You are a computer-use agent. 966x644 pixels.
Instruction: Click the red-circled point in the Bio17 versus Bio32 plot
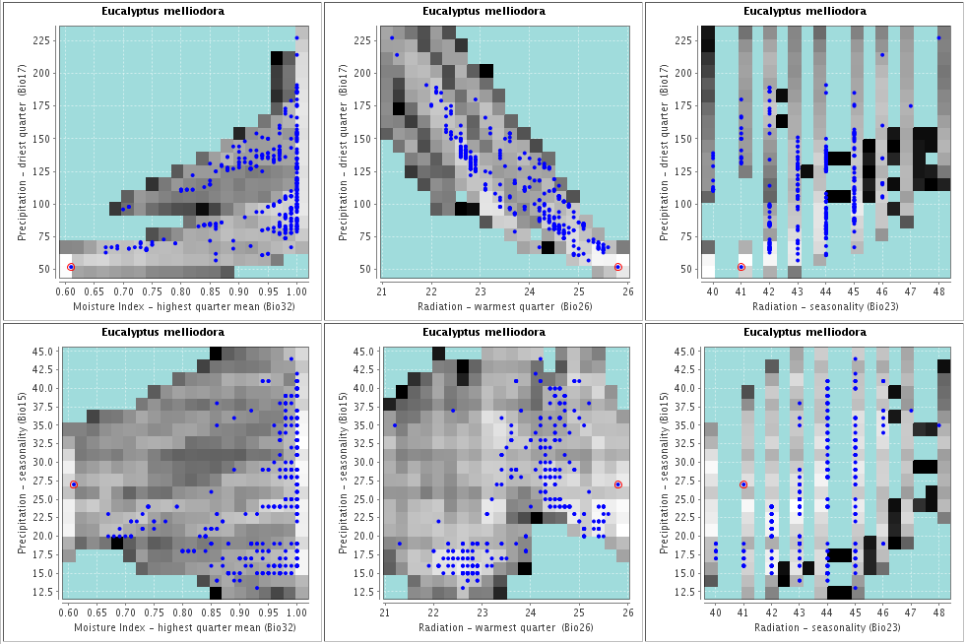tap(71, 267)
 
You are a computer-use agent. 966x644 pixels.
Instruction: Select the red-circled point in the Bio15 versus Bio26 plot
tap(618, 484)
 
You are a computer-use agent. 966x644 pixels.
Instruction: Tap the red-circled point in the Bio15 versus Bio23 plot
tap(743, 484)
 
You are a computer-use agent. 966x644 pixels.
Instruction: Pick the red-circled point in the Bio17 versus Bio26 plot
tap(618, 267)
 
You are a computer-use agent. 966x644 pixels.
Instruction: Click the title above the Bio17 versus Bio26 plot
tap(483, 12)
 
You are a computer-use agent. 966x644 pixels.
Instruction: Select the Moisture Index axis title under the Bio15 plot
tap(184, 627)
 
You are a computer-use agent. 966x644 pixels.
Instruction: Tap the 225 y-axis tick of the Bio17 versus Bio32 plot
tap(42, 40)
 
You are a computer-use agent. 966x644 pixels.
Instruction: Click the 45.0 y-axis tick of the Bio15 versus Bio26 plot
tap(362, 351)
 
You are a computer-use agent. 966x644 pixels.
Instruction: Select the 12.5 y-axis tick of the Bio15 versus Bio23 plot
tap(683, 592)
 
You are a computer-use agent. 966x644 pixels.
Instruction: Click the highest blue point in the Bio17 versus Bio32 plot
tap(296, 38)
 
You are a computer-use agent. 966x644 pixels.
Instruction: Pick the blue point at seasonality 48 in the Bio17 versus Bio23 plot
tap(938, 38)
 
